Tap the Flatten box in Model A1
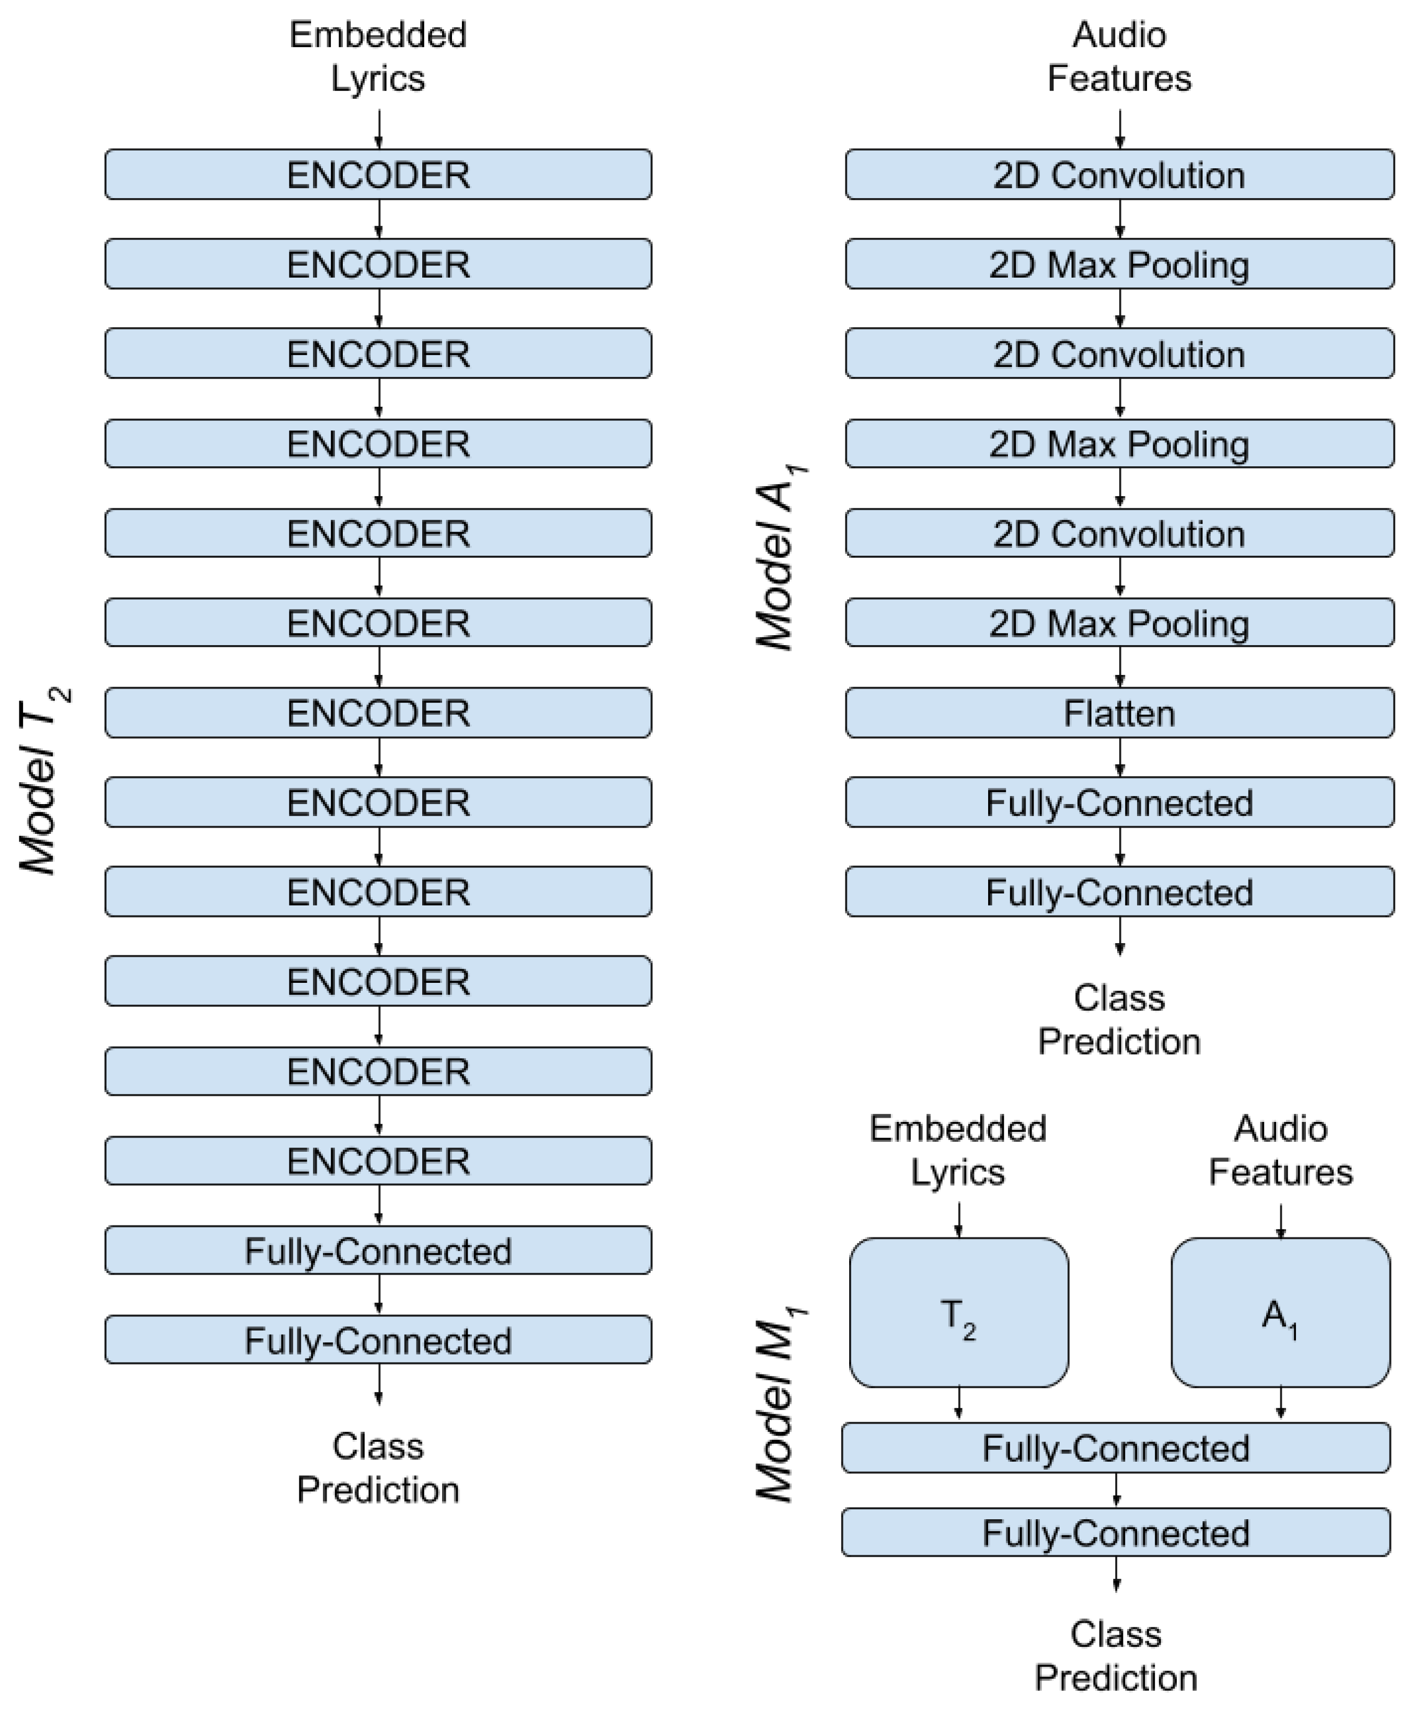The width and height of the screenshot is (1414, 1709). click(1119, 713)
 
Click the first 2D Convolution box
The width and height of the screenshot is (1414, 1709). click(1119, 174)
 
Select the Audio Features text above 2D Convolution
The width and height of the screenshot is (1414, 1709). click(1119, 56)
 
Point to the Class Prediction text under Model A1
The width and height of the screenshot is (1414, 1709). click(1119, 1019)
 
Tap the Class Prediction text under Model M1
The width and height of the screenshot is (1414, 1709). click(1116, 1656)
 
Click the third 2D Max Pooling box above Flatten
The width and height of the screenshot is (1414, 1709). click(1119, 623)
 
